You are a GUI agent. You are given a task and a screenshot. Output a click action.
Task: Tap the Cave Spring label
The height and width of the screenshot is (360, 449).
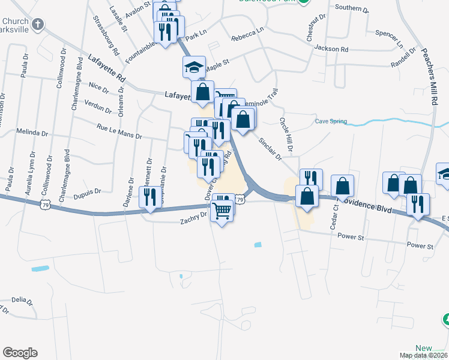pyautogui.click(x=331, y=122)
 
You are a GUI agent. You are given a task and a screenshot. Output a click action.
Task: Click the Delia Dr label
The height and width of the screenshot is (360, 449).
pyautogui.click(x=20, y=299)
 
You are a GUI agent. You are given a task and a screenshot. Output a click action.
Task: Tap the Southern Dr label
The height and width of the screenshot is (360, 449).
pyautogui.click(x=352, y=8)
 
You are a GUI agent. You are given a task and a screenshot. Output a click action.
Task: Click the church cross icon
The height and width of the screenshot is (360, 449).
pyautogui.click(x=37, y=25)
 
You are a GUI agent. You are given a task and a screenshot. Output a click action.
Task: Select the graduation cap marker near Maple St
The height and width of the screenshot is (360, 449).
pyautogui.click(x=194, y=67)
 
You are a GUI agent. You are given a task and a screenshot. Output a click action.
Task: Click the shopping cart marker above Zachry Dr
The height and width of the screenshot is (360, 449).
pyautogui.click(x=222, y=212)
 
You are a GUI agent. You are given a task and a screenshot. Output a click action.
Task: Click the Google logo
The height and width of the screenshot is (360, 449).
pyautogui.click(x=20, y=353)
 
